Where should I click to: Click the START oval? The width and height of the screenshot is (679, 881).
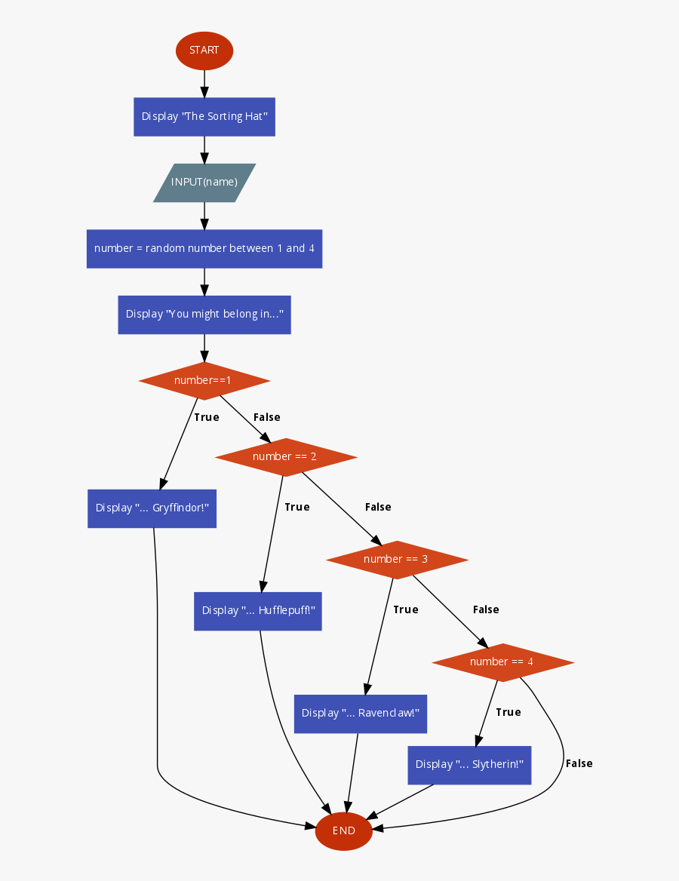click(204, 51)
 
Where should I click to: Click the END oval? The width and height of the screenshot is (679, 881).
click(344, 830)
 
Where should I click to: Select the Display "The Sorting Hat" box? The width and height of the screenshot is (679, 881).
click(204, 117)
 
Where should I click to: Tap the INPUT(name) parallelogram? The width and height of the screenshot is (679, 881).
click(204, 183)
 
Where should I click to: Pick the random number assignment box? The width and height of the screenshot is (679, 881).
click(204, 248)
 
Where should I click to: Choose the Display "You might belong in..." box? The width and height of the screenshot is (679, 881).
click(204, 314)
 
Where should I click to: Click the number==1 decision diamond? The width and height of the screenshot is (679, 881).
click(204, 380)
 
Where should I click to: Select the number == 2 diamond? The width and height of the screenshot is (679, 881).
click(285, 456)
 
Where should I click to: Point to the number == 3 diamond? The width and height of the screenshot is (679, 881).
click(397, 559)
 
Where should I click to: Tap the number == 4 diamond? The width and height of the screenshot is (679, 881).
click(502, 662)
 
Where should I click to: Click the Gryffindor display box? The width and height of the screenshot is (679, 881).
click(152, 508)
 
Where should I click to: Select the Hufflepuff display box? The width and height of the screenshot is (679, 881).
click(258, 610)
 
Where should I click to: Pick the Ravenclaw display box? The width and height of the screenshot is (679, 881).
click(361, 713)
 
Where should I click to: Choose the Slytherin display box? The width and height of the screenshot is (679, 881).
click(469, 764)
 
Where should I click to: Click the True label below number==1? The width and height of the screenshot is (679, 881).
click(207, 417)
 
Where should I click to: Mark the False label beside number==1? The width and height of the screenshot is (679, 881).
click(267, 417)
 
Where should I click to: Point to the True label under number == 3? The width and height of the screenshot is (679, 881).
click(406, 609)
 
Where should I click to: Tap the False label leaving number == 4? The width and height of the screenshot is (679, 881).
click(579, 763)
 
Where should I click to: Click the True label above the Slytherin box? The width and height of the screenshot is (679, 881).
click(508, 712)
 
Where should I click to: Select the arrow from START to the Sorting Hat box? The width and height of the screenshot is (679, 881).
click(204, 84)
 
